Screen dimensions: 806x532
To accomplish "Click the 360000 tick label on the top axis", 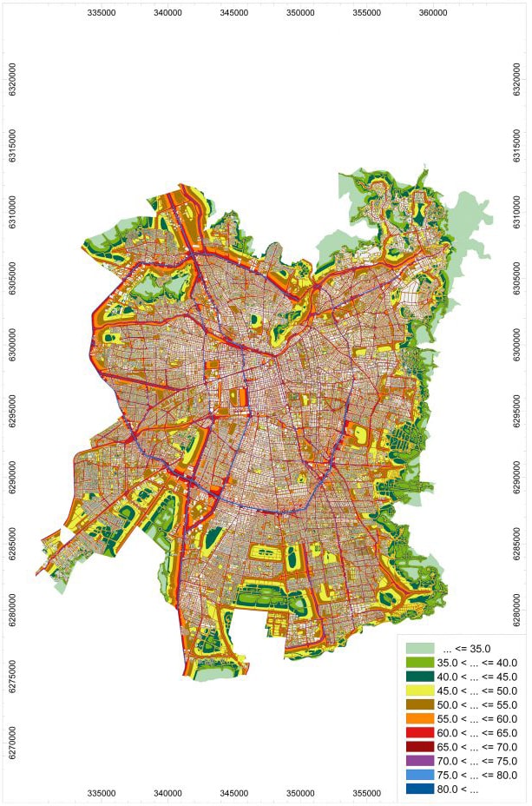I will tap(433, 13).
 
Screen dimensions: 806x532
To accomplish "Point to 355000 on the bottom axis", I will tap(367, 794).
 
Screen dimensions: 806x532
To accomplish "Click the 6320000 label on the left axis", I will tap(12, 82).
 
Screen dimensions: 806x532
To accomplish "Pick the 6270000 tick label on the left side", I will tap(12, 738).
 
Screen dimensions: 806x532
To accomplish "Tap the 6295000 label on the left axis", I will tap(12, 410).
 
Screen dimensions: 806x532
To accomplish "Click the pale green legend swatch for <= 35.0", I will tap(419, 648).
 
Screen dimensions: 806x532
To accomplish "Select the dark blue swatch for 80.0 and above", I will tap(419, 789).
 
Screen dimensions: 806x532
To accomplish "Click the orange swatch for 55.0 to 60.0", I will tap(419, 719).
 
